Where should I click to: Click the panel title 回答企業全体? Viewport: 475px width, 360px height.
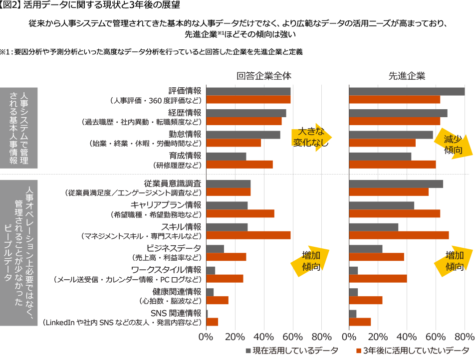tap(264, 76)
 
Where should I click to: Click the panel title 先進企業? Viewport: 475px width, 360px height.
tap(407, 76)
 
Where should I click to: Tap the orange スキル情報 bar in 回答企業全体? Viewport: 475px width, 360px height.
tap(248, 235)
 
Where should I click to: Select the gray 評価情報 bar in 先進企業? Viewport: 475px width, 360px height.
tap(407, 92)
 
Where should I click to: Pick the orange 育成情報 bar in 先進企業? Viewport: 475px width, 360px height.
tap(393, 165)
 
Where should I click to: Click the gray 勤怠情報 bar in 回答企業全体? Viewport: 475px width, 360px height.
tap(243, 135)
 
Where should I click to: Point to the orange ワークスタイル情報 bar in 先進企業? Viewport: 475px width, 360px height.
tap(378, 278)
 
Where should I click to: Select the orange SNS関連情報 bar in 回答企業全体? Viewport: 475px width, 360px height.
tap(213, 322)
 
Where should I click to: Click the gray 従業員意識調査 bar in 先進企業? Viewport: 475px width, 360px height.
tap(396, 183)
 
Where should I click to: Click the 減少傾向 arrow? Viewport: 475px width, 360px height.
tap(453, 144)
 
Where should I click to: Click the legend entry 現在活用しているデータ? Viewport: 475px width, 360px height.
tap(292, 350)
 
